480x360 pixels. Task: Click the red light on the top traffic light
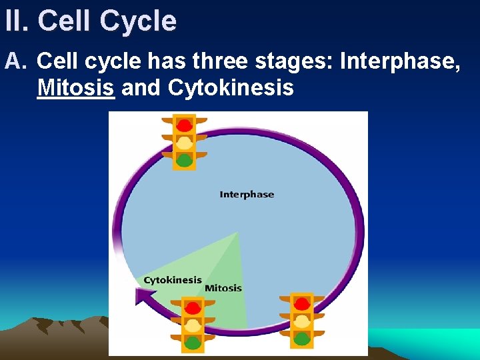point(185,125)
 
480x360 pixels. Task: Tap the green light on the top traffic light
point(185,160)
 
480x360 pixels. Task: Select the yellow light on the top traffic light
point(185,143)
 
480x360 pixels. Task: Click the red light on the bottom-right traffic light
point(302,304)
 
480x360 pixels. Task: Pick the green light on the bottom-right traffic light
point(302,338)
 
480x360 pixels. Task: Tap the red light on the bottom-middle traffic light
point(193,308)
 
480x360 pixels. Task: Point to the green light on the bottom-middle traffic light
point(193,343)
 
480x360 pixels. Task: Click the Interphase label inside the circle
point(247,195)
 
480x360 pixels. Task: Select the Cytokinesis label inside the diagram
point(172,280)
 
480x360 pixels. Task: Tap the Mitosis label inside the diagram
point(223,288)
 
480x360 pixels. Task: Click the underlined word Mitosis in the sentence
point(76,87)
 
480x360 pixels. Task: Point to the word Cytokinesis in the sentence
point(231,87)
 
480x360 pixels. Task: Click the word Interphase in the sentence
point(399,62)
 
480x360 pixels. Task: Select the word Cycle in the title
point(139,21)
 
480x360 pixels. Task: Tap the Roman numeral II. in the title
point(17,21)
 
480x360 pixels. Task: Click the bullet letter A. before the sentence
point(15,62)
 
